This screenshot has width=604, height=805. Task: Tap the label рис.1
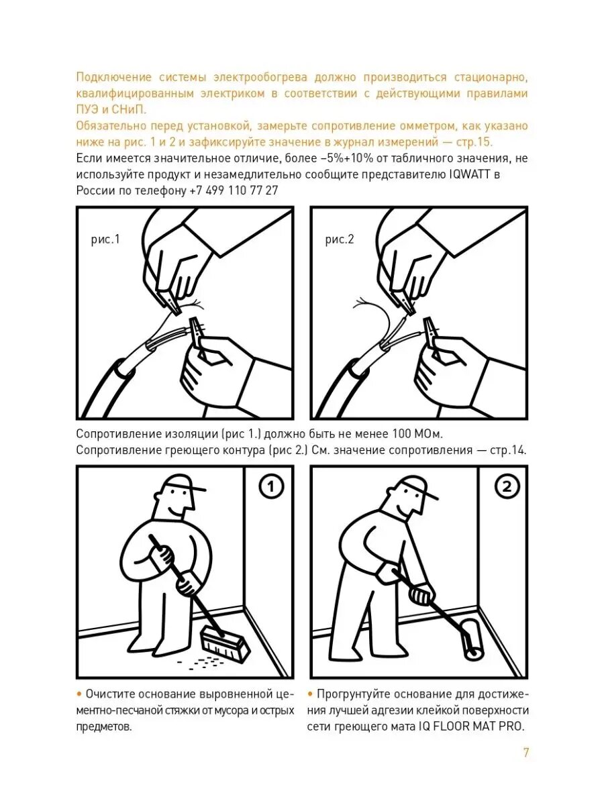point(105,239)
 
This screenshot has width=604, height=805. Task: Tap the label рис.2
point(340,239)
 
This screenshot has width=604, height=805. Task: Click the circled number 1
point(271,486)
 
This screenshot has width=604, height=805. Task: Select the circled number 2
point(507,486)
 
